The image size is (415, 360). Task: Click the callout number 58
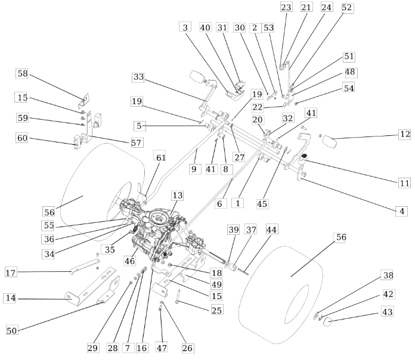[x=23, y=73]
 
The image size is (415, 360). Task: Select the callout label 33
[x=138, y=77]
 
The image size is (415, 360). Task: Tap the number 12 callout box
[x=405, y=134]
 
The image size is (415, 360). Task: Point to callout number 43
[x=388, y=312]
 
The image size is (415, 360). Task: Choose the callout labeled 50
[x=12, y=331]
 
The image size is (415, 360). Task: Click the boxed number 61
[x=160, y=157]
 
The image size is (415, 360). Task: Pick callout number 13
[x=177, y=195]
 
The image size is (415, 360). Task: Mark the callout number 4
[x=402, y=211]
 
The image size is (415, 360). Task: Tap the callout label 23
[x=286, y=7]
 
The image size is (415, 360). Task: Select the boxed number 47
[x=162, y=348]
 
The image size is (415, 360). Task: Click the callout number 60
[x=22, y=138]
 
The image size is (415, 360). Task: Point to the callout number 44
[x=271, y=229]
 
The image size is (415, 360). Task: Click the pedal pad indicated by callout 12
[x=329, y=142]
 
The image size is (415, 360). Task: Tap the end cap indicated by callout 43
[x=328, y=322]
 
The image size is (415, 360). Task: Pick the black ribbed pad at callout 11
[x=304, y=156]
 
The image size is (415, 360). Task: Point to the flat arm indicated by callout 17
[x=85, y=266]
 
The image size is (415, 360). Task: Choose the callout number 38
[x=388, y=275]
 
